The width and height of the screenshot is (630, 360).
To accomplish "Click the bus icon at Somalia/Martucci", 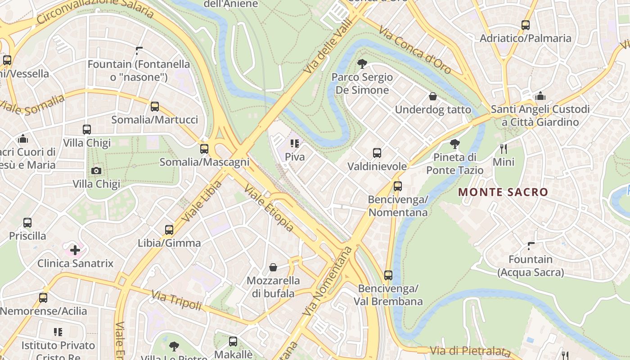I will pyautogui.click(x=154, y=107).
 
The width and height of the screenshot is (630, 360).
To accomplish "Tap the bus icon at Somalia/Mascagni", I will pyautogui.click(x=204, y=149).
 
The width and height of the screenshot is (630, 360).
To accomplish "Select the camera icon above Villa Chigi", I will pyautogui.click(x=96, y=171).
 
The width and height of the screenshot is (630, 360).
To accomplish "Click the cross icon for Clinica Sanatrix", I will pyautogui.click(x=75, y=250).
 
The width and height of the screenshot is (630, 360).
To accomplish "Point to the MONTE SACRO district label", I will pyautogui.click(x=503, y=192).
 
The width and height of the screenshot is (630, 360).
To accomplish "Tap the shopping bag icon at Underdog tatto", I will pyautogui.click(x=432, y=96).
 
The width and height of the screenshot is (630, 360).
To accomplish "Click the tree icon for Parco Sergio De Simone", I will pyautogui.click(x=361, y=64).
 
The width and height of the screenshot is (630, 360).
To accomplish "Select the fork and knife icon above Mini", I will pyautogui.click(x=503, y=148).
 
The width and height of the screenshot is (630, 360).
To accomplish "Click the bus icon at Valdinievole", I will pyautogui.click(x=377, y=153).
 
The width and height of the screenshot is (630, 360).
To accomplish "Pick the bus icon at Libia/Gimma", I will pyautogui.click(x=169, y=230).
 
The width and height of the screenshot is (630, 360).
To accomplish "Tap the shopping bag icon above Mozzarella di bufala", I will pyautogui.click(x=273, y=267).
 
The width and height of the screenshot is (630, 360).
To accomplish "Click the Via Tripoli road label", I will pyautogui.click(x=176, y=300).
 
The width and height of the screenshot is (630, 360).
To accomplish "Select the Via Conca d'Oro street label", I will pyautogui.click(x=414, y=49).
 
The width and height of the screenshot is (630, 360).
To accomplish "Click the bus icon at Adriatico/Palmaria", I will pyautogui.click(x=525, y=25).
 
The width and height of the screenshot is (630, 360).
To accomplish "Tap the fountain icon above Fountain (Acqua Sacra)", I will pyautogui.click(x=531, y=246).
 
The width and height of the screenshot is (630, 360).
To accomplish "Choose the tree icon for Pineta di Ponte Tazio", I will pyautogui.click(x=454, y=144).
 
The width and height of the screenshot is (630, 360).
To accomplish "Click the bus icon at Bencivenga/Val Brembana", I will pyautogui.click(x=388, y=275).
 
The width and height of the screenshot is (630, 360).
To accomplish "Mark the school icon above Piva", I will pyautogui.click(x=295, y=144).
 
